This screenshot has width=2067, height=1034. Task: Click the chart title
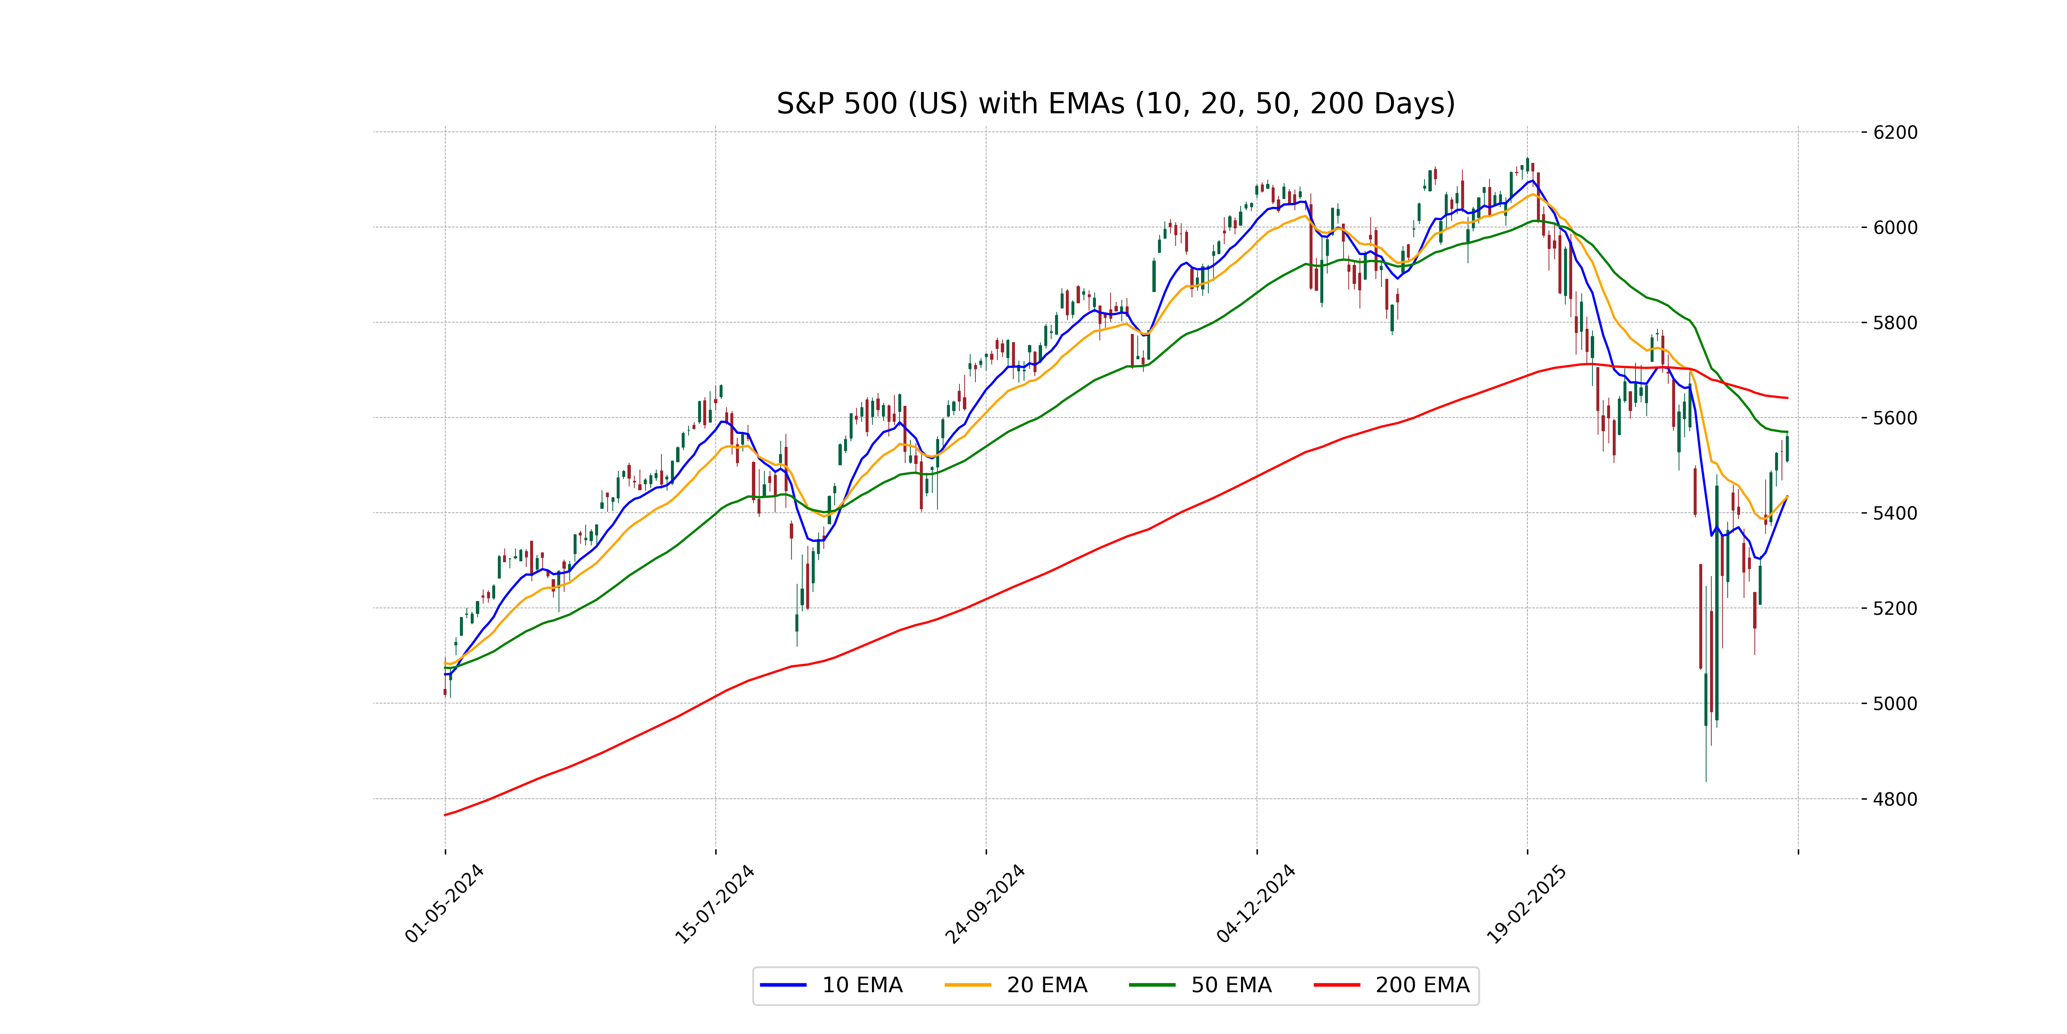[x=1115, y=103]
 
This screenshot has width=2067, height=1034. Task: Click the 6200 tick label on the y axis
[x=1895, y=132]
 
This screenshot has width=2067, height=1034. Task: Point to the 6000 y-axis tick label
[x=1895, y=228]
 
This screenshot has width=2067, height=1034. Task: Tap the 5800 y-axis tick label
[x=1895, y=323]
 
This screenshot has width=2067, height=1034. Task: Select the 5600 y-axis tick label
[x=1895, y=418]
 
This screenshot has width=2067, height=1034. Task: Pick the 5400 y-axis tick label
[x=1895, y=513]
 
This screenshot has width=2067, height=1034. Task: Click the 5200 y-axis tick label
[x=1895, y=608]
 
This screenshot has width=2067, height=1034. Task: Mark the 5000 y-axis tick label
[x=1895, y=704]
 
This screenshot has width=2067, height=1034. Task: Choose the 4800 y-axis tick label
[x=1895, y=799]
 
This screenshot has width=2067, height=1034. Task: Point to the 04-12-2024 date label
[x=1257, y=903]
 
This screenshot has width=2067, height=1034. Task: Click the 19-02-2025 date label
[x=1527, y=903]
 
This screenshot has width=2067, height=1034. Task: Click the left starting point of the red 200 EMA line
[x=445, y=815]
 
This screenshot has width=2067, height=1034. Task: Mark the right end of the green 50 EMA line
[x=1787, y=432]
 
